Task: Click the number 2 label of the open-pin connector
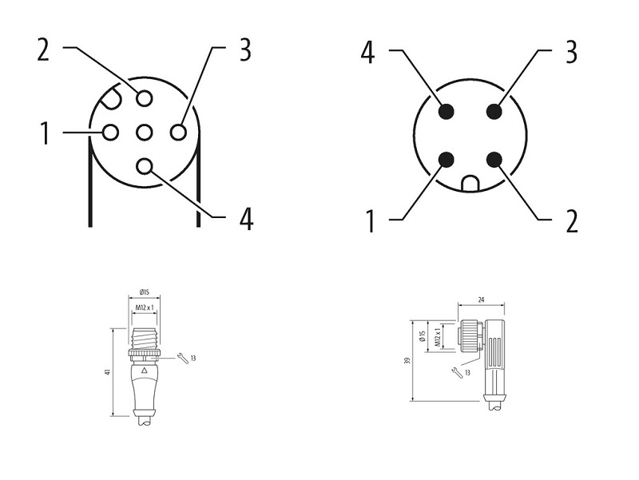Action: click(x=43, y=50)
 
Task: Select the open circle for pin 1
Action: click(x=110, y=133)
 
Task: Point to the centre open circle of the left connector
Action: click(x=145, y=133)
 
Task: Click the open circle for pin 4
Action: click(x=145, y=166)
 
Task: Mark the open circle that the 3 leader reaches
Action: click(x=178, y=133)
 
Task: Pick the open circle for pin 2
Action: click(x=145, y=98)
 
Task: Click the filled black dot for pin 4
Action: click(x=447, y=111)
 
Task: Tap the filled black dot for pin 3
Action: click(x=494, y=111)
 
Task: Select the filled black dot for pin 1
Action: click(x=447, y=160)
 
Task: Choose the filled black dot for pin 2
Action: click(x=494, y=160)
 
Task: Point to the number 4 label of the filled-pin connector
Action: click(x=367, y=53)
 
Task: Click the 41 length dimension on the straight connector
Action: click(x=108, y=372)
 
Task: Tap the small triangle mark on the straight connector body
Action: click(x=144, y=371)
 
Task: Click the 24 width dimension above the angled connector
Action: click(x=481, y=300)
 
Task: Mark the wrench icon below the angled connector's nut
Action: click(x=456, y=373)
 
